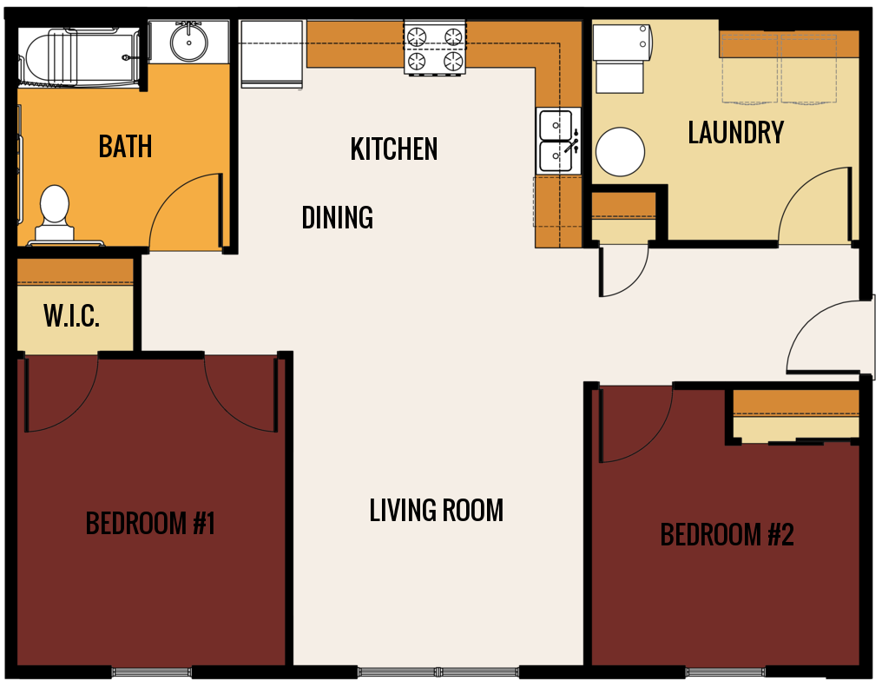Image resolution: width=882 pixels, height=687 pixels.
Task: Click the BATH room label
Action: coord(125,147)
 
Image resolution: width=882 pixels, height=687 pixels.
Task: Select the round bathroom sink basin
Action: coord(188,41)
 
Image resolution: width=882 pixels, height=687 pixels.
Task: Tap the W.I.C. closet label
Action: coord(71,316)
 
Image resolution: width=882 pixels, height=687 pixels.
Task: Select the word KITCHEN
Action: coord(393,149)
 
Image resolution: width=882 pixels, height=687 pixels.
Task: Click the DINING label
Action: coord(337,217)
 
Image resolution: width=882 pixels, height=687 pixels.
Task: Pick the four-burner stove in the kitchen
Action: coord(435,49)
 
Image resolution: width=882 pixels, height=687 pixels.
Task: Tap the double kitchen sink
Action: coord(556,141)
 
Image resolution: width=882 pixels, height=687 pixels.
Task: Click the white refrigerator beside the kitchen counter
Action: coord(272,54)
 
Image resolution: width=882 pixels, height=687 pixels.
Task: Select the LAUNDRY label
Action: coord(735,133)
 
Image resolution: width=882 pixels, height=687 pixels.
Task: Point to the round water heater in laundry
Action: coord(620,152)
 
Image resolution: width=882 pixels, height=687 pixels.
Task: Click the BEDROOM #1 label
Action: coord(149,524)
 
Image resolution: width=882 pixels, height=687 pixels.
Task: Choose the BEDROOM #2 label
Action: coord(727,534)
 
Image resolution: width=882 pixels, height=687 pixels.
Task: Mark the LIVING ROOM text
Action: coord(436,510)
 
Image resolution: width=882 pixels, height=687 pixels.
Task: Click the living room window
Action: coord(438,671)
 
